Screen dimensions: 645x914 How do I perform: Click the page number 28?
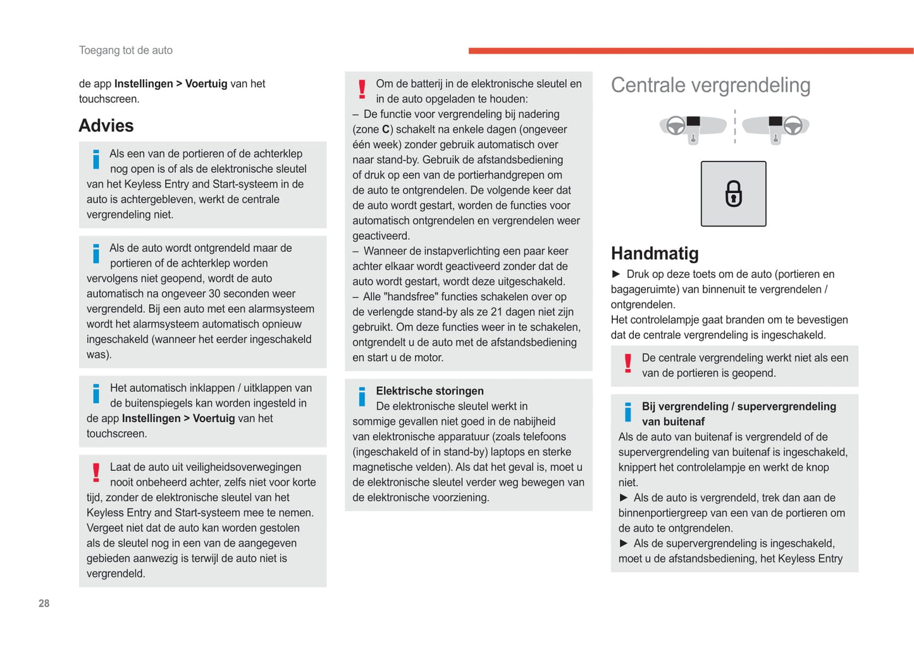click(x=44, y=603)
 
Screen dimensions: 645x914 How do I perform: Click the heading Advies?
click(x=106, y=125)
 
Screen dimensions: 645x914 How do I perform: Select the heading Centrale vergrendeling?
click(x=710, y=85)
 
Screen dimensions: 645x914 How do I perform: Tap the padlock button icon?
click(x=733, y=194)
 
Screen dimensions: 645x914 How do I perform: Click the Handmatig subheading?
click(x=655, y=253)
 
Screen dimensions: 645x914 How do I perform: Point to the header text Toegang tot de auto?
click(x=125, y=50)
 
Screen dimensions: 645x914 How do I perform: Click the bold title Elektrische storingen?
click(x=429, y=391)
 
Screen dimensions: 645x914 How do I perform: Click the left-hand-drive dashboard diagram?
click(x=692, y=127)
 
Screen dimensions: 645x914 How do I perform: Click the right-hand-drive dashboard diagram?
click(x=776, y=127)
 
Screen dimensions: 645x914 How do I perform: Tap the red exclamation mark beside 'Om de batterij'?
click(x=362, y=89)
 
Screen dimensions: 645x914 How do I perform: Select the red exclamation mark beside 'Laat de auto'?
click(x=96, y=473)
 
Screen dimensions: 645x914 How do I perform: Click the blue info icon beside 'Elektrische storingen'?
click(x=362, y=397)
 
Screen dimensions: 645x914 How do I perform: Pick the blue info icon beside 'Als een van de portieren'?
click(x=96, y=160)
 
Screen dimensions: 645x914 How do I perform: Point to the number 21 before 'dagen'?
click(x=497, y=312)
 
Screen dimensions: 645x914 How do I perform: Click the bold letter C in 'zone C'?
click(x=386, y=130)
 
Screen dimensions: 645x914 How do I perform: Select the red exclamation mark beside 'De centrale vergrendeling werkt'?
click(x=627, y=363)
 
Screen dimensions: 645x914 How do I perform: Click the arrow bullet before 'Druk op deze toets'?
click(x=616, y=274)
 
